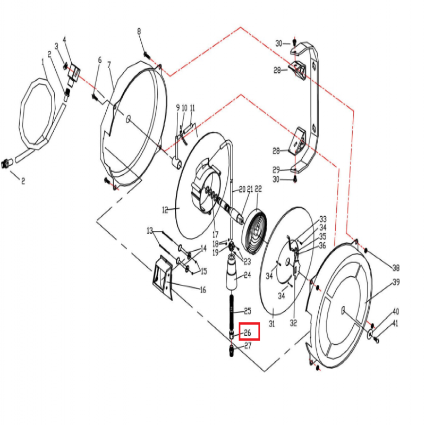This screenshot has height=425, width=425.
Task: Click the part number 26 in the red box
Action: (247, 333)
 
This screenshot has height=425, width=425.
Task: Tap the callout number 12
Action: (165, 210)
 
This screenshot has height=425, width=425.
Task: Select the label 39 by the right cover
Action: (396, 283)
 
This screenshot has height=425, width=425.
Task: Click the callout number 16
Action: (202, 290)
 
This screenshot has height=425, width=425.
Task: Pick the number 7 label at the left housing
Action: (110, 65)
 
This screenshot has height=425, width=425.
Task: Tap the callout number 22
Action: (259, 189)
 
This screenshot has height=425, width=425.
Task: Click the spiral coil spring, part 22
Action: (256, 233)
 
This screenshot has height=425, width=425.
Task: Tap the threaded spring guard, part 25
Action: (232, 311)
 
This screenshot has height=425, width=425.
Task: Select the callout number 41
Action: (396, 324)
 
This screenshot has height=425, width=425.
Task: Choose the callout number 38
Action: (396, 267)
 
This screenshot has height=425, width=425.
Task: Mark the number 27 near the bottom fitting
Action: (247, 346)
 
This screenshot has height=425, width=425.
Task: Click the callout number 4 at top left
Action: (64, 39)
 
